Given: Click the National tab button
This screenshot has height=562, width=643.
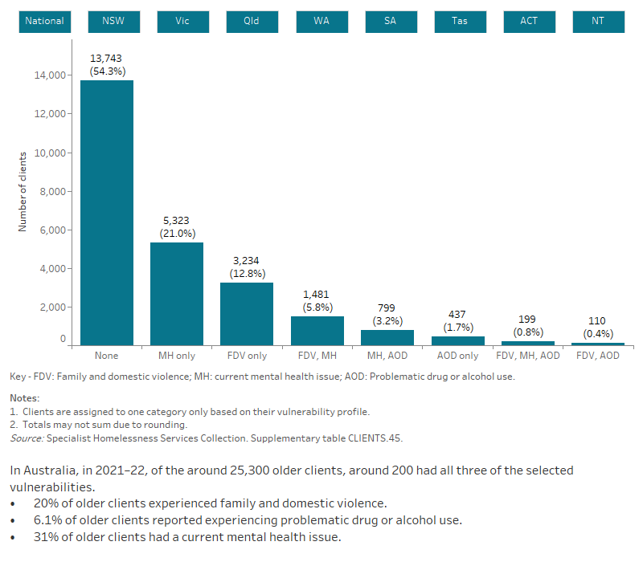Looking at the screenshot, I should [x=45, y=21].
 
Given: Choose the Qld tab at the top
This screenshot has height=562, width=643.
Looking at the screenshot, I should [x=252, y=21].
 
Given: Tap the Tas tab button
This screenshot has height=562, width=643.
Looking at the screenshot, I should [x=459, y=21].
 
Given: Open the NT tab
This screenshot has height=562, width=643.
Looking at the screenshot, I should [x=597, y=21].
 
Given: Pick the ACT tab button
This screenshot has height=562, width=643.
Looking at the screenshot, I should [x=528, y=21].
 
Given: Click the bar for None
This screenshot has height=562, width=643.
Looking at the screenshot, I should [x=107, y=213].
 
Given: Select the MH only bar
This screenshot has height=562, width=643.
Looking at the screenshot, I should [x=177, y=294].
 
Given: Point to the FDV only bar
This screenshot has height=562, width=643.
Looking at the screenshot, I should [x=247, y=314].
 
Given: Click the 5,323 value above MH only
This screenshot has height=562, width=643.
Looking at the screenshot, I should [x=177, y=220].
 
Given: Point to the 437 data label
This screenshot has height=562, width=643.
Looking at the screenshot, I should [x=457, y=315].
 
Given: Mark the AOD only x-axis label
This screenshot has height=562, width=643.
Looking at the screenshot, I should [x=457, y=356].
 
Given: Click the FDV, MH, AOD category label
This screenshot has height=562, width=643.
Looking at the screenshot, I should [x=528, y=356].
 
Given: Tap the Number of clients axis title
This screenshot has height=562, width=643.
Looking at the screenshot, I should [x=23, y=191].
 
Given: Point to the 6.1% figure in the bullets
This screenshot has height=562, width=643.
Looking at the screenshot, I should [x=47, y=520].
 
